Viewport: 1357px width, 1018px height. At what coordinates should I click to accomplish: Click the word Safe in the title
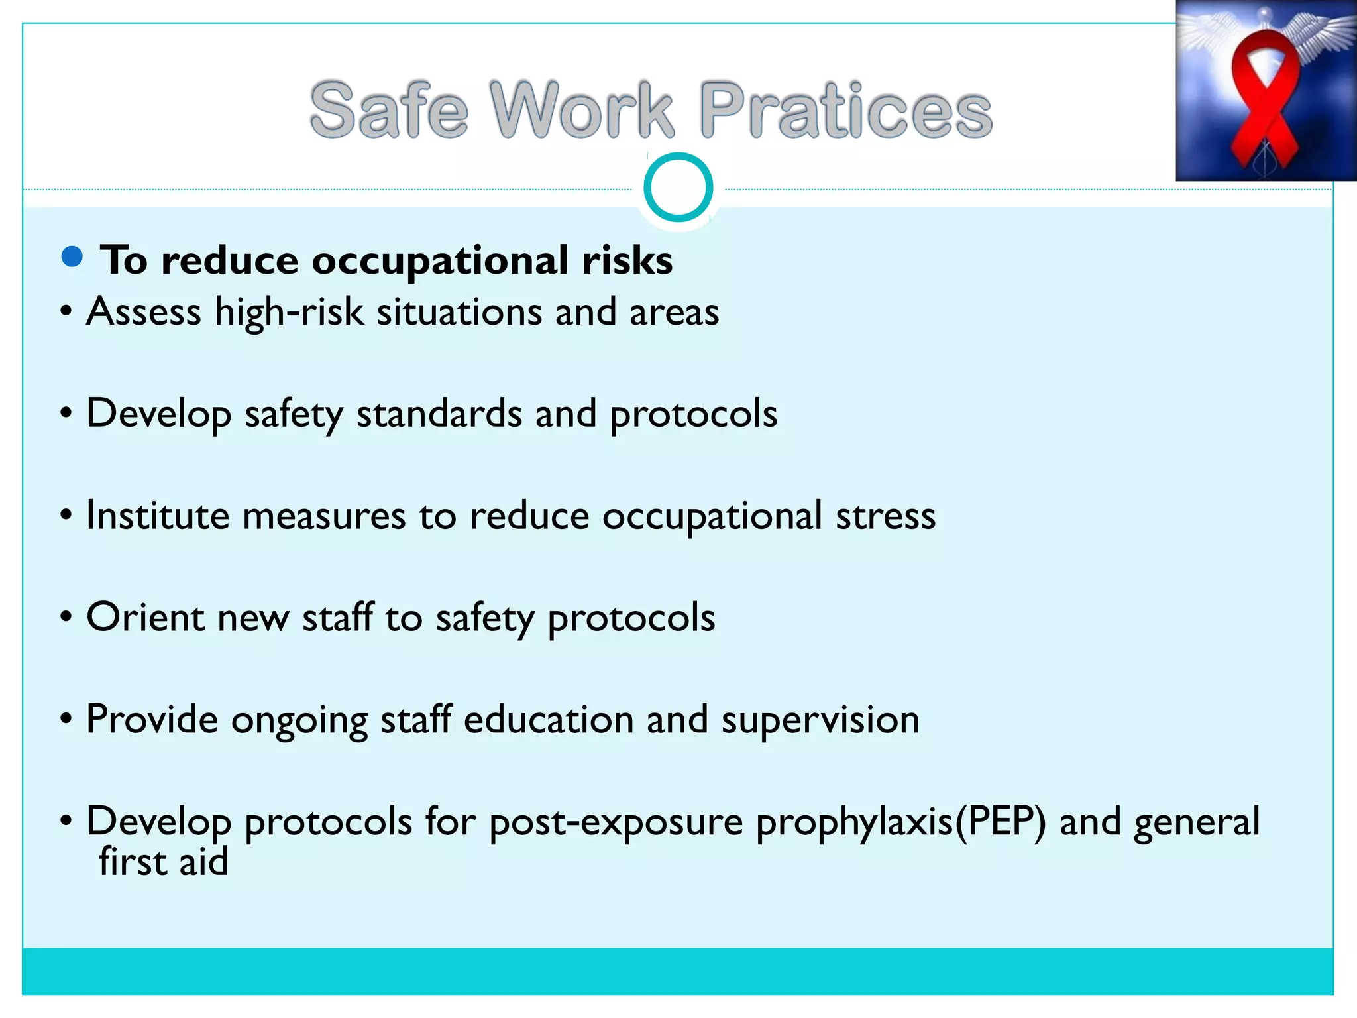click(x=389, y=109)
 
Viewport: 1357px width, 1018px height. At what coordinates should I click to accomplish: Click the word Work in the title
click(x=582, y=109)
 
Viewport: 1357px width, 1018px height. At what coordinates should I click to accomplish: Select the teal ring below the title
click(x=678, y=187)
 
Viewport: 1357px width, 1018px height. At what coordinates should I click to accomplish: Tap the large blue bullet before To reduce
click(x=72, y=256)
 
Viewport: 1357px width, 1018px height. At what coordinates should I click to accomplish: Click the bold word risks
click(x=627, y=260)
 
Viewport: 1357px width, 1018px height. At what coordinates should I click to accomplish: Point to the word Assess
click(x=144, y=311)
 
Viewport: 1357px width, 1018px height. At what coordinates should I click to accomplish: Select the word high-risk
click(x=289, y=313)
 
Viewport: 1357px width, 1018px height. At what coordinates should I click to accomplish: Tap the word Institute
click(x=158, y=516)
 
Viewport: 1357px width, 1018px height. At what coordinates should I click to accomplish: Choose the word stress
click(x=885, y=516)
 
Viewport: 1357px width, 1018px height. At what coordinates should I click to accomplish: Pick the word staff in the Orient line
click(x=338, y=617)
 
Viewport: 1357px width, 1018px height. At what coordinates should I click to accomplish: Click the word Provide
click(x=152, y=720)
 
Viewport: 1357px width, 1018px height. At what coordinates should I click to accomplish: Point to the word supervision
click(x=820, y=720)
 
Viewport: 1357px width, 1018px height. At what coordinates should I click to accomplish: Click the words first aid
click(x=163, y=862)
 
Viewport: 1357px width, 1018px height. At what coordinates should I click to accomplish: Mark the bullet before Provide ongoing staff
click(x=66, y=719)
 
